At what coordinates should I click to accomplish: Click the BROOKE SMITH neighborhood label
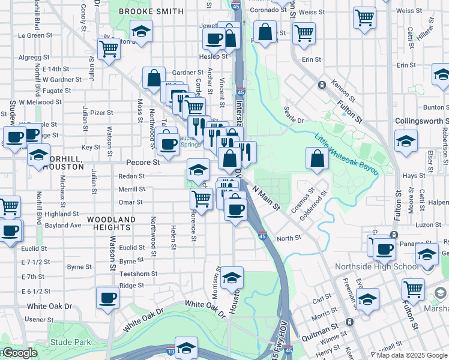[151, 11]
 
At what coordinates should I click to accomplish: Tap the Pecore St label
[143, 162]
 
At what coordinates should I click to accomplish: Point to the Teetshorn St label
[138, 274]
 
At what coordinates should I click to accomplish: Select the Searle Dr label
[294, 120]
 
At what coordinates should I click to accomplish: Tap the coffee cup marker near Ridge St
[108, 298]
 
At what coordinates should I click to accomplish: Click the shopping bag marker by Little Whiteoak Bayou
[318, 159]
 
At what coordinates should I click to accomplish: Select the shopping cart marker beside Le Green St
[109, 49]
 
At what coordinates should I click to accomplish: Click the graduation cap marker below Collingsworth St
[406, 142]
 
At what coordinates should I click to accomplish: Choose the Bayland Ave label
[63, 226]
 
